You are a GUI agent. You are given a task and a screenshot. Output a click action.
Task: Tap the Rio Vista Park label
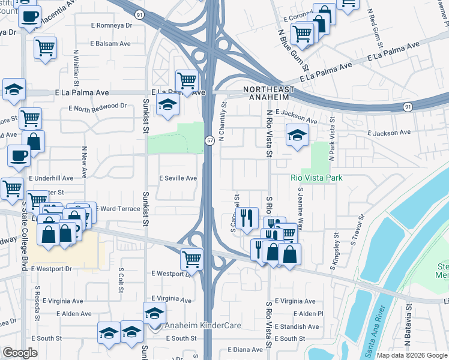click(316, 178)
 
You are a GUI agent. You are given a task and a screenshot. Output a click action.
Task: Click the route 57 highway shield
click(210, 140)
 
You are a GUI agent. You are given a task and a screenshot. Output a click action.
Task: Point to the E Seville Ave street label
click(178, 178)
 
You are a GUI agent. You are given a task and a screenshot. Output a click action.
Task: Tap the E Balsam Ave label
click(110, 44)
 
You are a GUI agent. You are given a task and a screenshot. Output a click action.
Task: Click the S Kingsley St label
click(335, 251)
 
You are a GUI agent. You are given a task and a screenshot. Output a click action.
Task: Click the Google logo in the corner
click(20, 353)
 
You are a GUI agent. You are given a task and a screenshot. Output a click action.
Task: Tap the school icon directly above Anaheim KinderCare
click(154, 313)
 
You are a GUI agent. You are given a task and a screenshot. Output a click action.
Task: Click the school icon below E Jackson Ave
click(297, 135)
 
